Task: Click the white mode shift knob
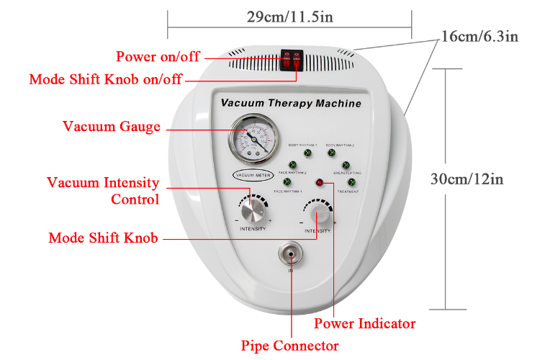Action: pyautogui.click(x=318, y=214)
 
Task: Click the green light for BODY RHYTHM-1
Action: pyautogui.click(x=306, y=154)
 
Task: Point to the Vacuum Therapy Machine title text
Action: pyautogui.click(x=291, y=104)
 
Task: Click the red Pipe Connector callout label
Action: pyautogui.click(x=290, y=346)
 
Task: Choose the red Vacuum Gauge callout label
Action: pyautogui.click(x=112, y=127)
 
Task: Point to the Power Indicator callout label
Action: pyautogui.click(x=364, y=323)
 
